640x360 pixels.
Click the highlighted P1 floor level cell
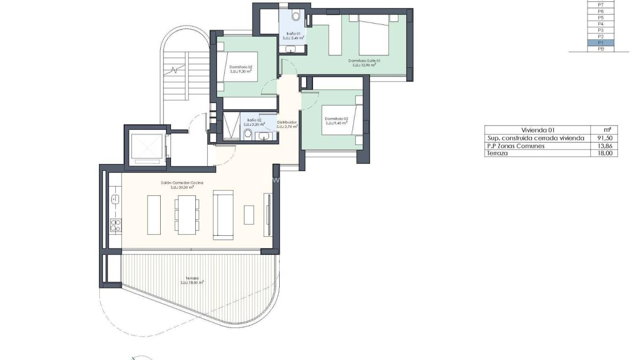[x=601, y=43]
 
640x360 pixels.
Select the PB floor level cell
[x=601, y=49]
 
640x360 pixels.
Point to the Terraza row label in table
[x=498, y=153]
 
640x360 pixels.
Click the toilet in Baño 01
[x=296, y=16]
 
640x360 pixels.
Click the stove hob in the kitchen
[x=115, y=225]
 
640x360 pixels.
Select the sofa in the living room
[x=223, y=215]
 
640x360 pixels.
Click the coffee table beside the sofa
[x=249, y=215]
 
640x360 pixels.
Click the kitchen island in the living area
[x=154, y=215]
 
